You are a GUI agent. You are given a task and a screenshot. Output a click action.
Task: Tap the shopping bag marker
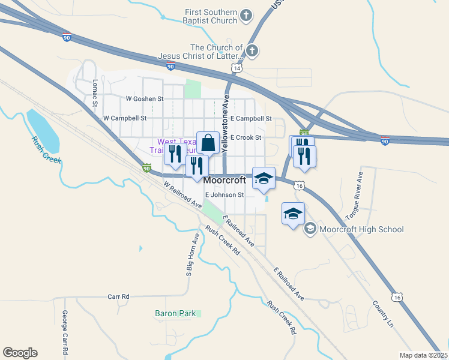click(208, 143)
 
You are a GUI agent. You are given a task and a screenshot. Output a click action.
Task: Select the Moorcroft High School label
click(362, 229)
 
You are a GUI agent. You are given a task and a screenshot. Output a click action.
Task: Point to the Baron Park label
click(175, 313)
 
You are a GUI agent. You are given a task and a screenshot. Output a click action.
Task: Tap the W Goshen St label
click(144, 98)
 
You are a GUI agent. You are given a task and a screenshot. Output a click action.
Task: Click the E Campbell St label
click(251, 119)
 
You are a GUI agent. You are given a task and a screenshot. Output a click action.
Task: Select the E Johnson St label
click(224, 195)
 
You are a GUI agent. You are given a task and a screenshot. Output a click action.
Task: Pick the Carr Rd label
click(118, 296)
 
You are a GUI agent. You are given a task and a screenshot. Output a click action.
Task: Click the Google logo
click(20, 353)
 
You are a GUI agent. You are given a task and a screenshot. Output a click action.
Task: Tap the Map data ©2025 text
click(423, 355)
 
